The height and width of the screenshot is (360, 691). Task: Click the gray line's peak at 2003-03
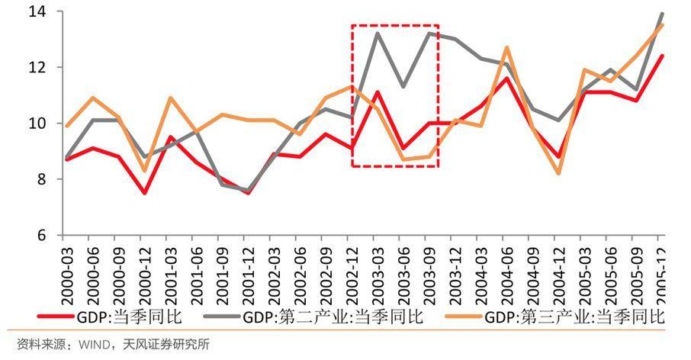377,33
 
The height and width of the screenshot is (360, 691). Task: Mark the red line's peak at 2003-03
377,92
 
